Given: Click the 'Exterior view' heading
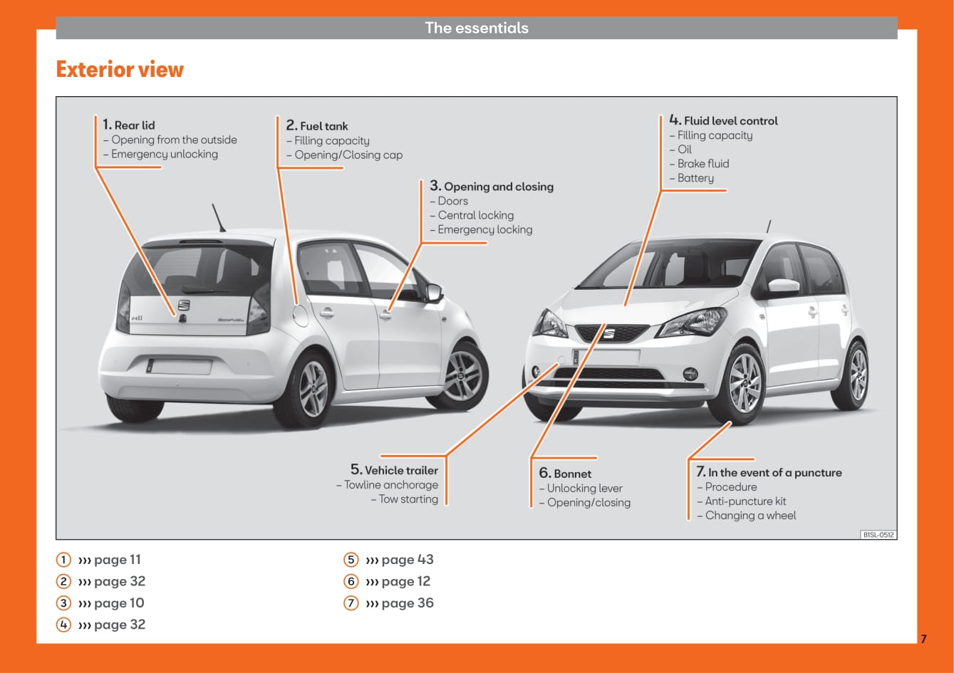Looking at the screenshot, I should pos(120,70).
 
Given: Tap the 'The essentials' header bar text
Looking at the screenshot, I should pos(477,28).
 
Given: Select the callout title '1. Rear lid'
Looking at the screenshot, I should pos(129,125).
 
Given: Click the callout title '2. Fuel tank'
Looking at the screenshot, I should pos(317,125).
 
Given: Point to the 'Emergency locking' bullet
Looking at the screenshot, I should pos(484,229).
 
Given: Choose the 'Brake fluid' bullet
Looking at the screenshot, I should pos(702,164).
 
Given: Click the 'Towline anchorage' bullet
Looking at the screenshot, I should pos(390,485).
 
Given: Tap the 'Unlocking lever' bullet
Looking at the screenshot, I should pos(584,488).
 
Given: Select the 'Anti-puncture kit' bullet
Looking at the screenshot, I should pos(745,501).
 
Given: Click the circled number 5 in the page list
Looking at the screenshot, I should pos(351,560).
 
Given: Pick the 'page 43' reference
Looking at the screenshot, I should pos(407,560).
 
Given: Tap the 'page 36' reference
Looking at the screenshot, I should pos(407,603).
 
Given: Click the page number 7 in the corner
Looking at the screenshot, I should pos(923,639).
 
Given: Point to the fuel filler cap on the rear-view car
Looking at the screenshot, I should pos(301,313).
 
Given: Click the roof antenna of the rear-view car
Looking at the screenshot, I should pos(219,218).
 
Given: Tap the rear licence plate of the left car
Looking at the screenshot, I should pos(180,367).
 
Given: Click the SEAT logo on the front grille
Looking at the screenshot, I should pos(609,333).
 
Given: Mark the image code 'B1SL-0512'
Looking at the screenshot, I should pos(878,534).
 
